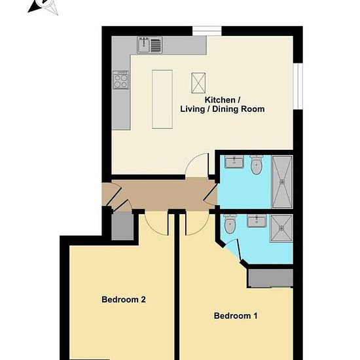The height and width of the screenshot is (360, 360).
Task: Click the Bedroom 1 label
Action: (236, 315)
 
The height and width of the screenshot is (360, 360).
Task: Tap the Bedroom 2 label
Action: (124, 299)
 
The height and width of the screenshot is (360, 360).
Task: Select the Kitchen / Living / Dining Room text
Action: (223, 105)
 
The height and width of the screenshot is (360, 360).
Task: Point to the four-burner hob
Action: (121, 80)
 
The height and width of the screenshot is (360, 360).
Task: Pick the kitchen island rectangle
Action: (162, 99)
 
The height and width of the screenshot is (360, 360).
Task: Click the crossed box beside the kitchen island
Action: (198, 83)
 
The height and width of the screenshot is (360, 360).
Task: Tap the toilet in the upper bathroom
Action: (256, 164)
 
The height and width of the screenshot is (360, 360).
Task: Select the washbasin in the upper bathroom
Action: (234, 162)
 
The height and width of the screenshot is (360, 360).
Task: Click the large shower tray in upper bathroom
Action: (282, 182)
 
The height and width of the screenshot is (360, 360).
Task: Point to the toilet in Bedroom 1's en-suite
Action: (230, 224)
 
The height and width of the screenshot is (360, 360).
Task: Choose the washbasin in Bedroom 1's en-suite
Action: (257, 221)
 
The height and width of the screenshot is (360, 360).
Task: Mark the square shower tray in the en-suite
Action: (281, 228)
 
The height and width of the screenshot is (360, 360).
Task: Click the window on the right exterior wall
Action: (298, 86)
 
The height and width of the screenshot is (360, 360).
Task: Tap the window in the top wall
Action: (207, 31)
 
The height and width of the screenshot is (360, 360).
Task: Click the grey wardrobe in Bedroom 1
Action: (270, 278)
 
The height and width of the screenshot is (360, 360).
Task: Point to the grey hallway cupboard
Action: (122, 226)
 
